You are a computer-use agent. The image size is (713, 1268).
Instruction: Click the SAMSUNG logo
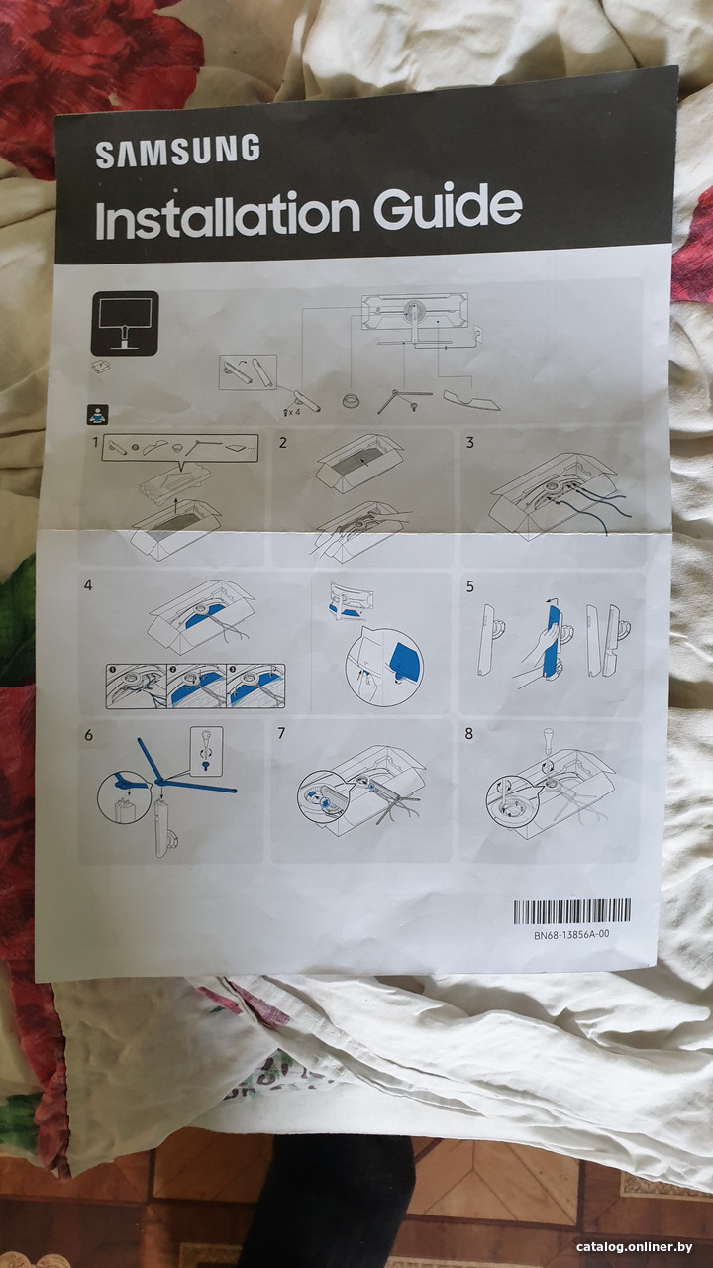point(177,152)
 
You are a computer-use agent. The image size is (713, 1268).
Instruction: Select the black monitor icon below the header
point(125,323)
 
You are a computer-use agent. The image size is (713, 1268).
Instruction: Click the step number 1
point(96,442)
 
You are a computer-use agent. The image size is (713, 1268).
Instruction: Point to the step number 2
point(282,443)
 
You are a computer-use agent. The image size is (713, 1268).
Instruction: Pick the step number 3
point(469,442)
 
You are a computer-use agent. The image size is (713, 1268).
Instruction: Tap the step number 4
point(88,585)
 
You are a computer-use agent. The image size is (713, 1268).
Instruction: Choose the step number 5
point(469,586)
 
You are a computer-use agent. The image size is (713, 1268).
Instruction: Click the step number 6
point(88,735)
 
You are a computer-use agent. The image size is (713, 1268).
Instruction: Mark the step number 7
point(281,734)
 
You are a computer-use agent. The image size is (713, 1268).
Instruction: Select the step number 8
point(468,734)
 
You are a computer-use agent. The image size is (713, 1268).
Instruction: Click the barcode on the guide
point(571,911)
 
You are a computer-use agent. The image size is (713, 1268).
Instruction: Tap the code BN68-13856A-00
point(571,934)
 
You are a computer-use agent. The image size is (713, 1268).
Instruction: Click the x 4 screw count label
point(294,412)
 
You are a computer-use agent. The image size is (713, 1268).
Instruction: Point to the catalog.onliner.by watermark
point(635,1247)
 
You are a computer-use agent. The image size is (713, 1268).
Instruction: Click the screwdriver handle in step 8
point(549,738)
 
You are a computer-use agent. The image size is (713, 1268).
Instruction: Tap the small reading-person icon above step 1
point(98,415)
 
